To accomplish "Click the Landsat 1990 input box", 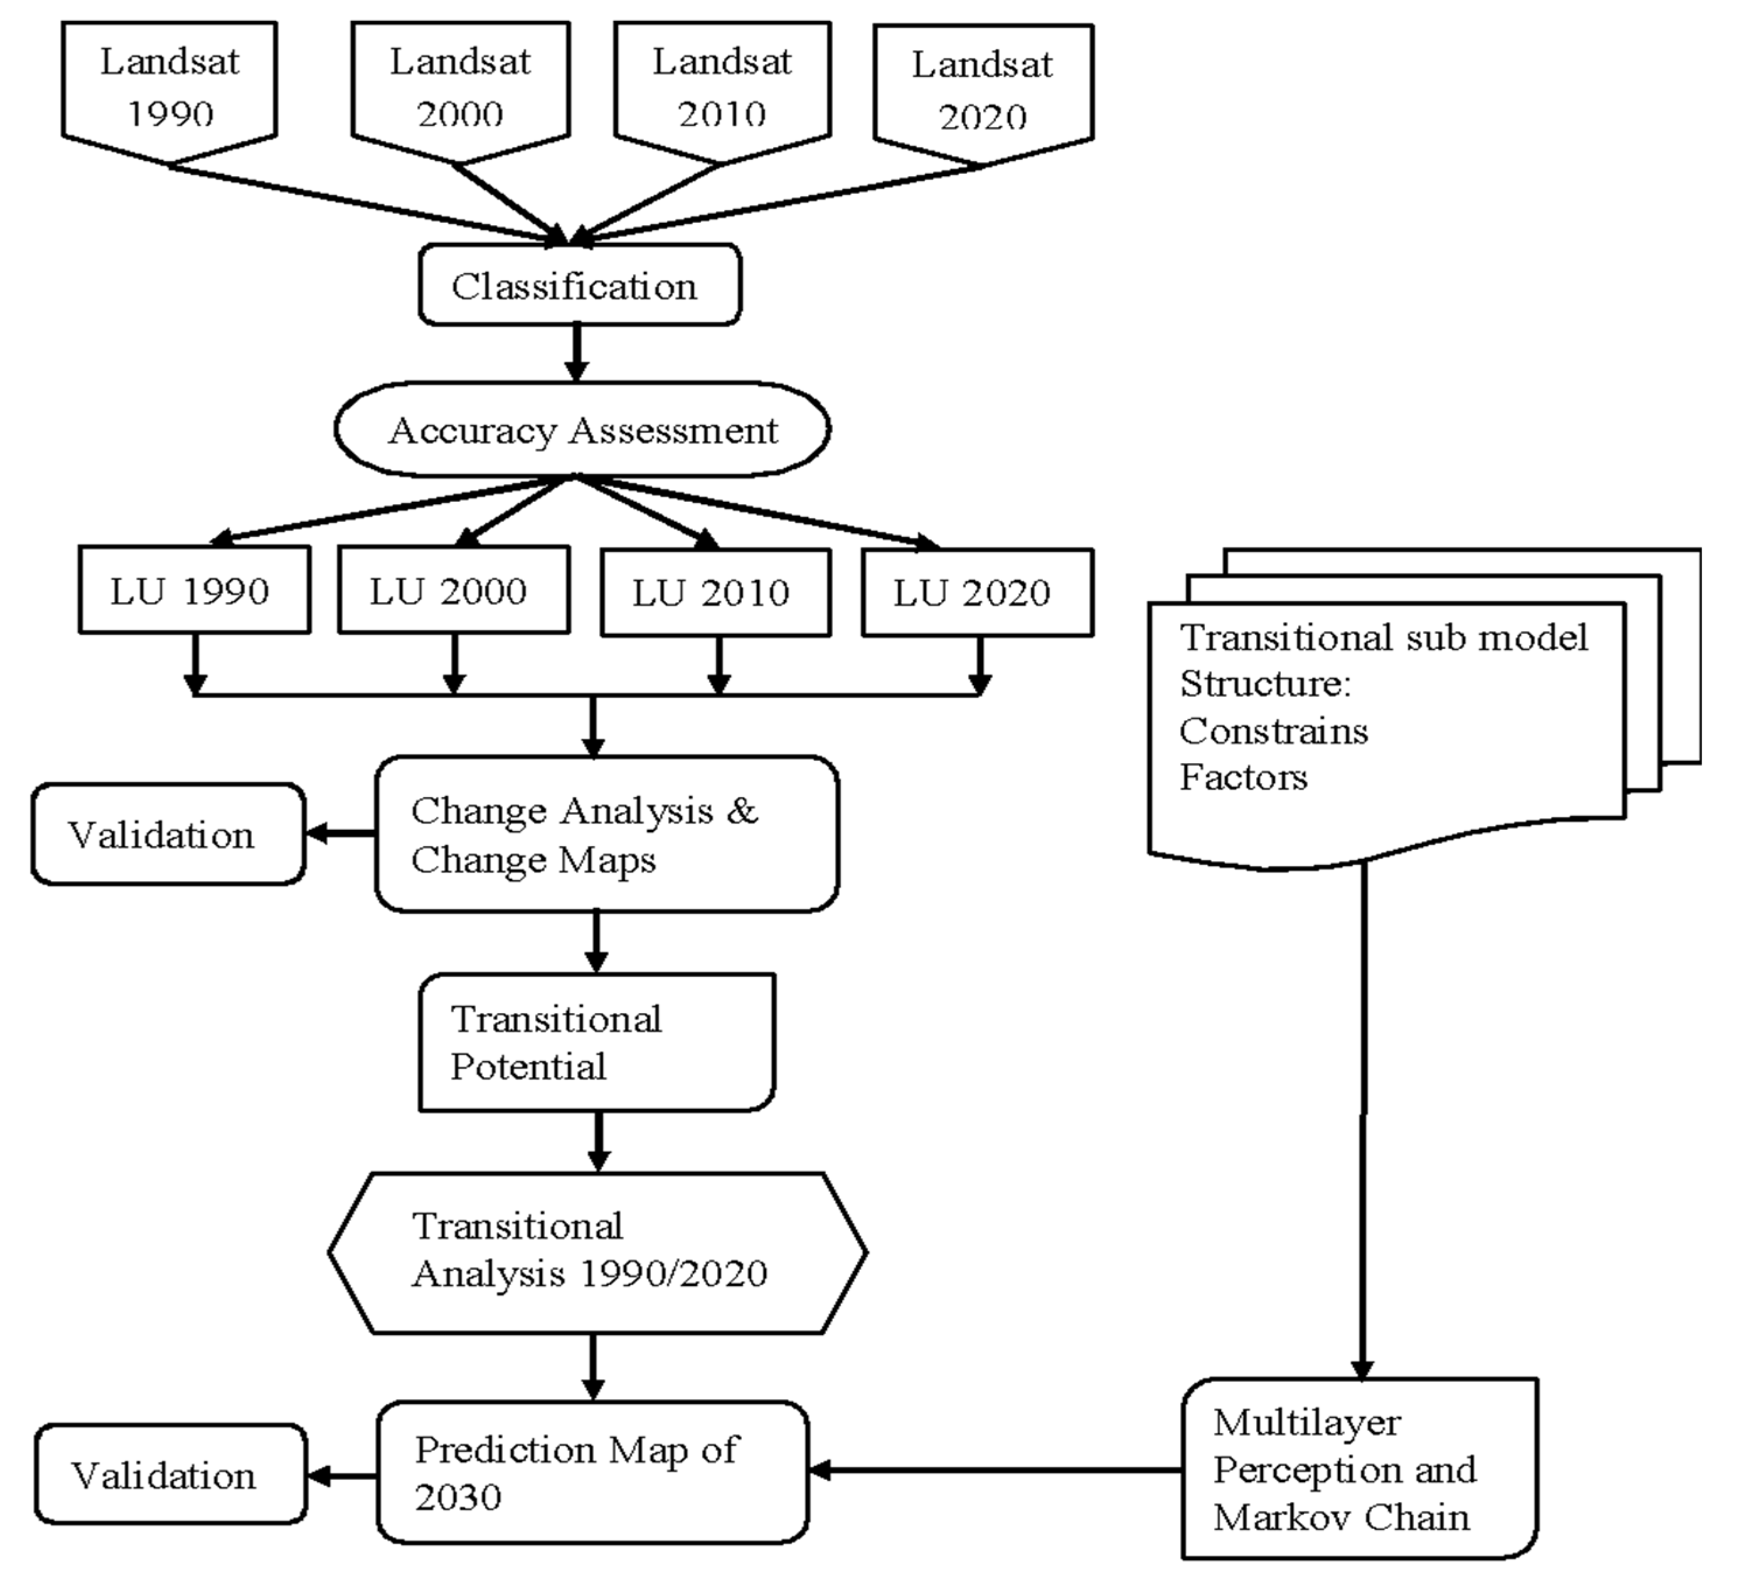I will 170,86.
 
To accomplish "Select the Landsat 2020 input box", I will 983,89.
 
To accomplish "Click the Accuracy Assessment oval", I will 582,429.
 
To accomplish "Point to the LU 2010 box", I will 716,593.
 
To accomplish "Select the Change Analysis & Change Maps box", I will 606,833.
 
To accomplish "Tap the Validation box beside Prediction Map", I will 171,1475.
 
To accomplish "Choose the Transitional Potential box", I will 596,1042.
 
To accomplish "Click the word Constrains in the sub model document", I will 1273,731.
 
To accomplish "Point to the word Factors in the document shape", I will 1243,777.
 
